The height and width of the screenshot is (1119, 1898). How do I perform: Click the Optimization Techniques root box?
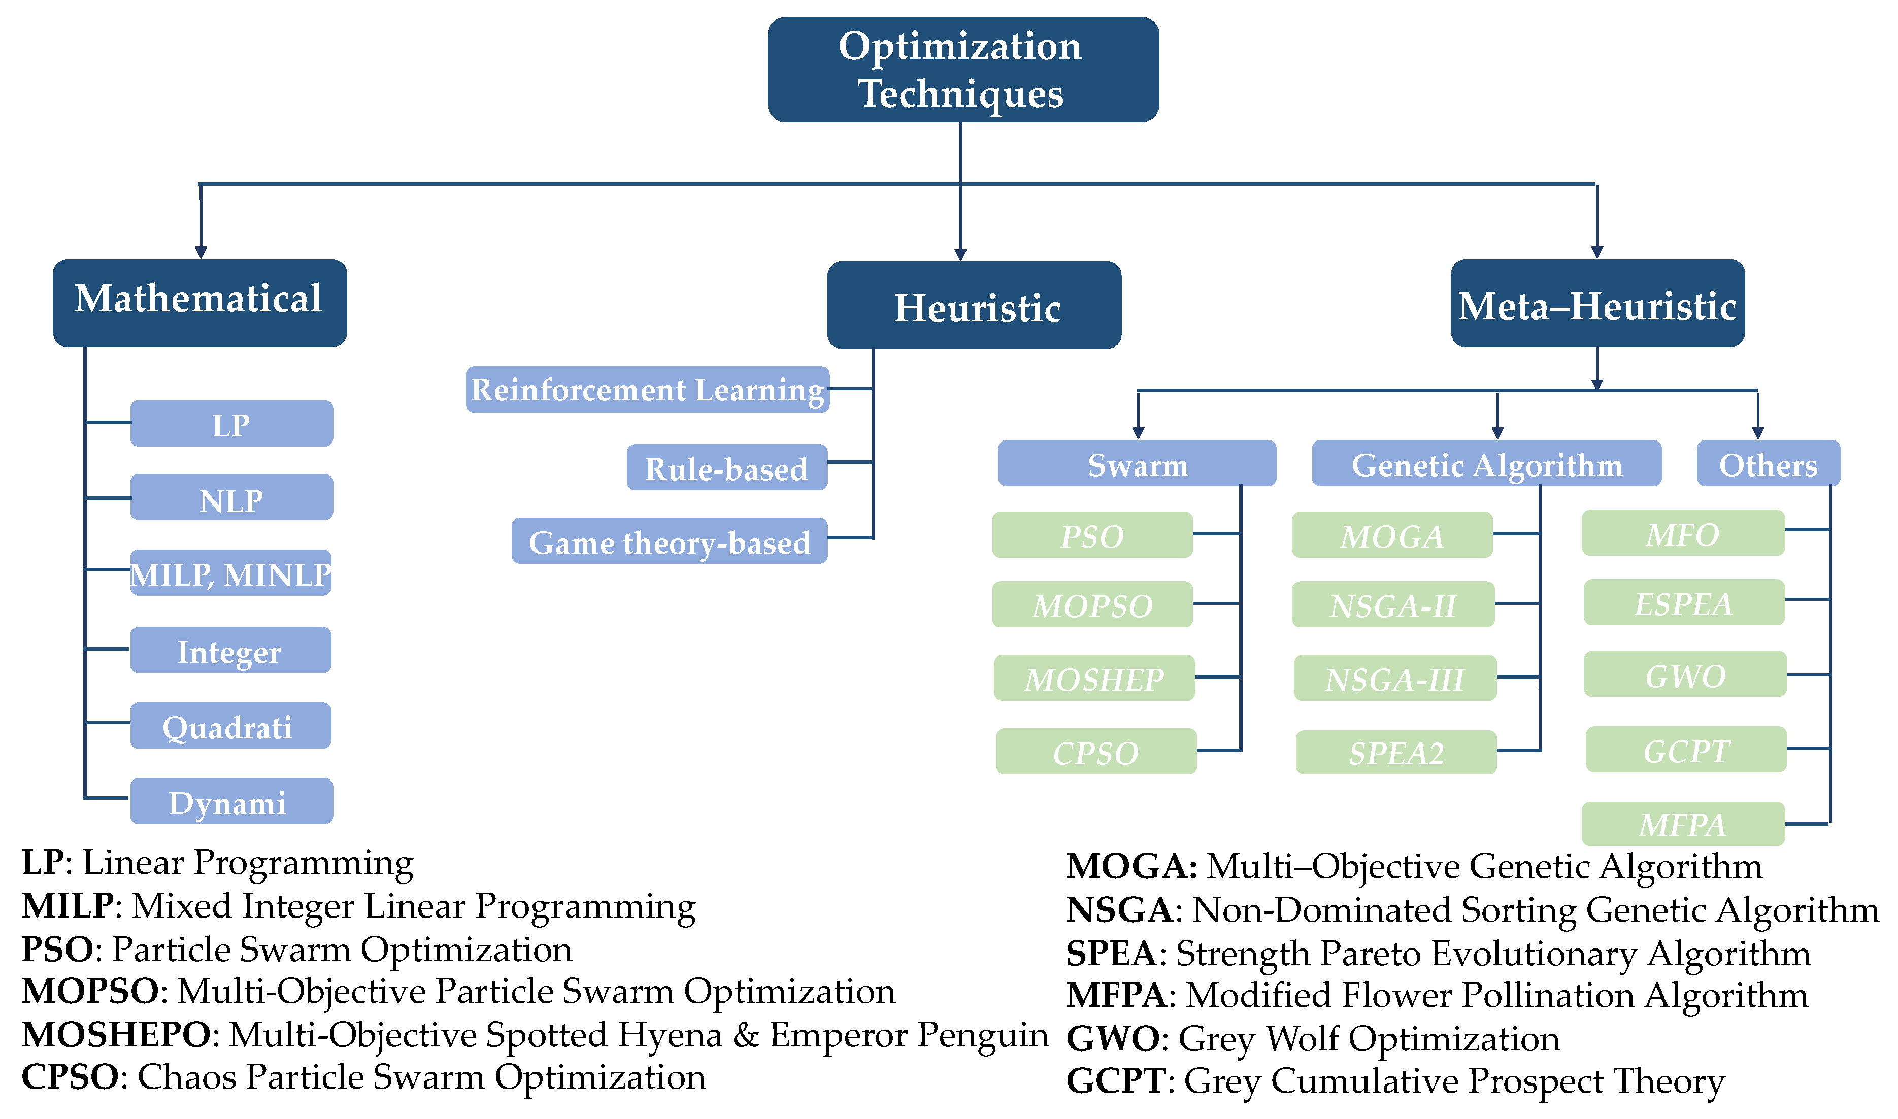[x=962, y=70]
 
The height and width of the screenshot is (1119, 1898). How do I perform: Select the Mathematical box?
[x=200, y=303]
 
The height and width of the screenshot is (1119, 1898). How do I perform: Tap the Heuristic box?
[x=974, y=306]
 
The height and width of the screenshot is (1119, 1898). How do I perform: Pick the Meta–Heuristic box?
[x=1596, y=303]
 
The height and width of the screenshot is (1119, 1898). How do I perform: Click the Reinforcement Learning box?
[x=647, y=390]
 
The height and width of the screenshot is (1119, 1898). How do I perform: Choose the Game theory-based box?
[x=669, y=540]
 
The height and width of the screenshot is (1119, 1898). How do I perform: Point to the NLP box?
[x=231, y=498]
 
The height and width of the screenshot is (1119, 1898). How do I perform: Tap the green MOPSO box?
[x=1091, y=604]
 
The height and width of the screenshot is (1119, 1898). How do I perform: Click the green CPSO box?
[x=1095, y=752]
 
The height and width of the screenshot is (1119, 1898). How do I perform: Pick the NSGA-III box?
[x=1394, y=678]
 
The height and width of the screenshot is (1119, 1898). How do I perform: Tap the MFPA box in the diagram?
[x=1682, y=824]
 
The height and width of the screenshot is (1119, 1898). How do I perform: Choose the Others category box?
[x=1767, y=464]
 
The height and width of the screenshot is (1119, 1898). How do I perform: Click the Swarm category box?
[x=1137, y=464]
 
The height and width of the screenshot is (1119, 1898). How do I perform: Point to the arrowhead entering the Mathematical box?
[x=201, y=252]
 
